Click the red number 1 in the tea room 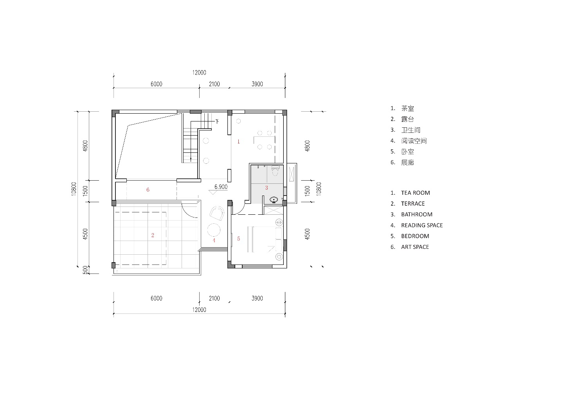[x=238, y=141]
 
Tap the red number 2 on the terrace [x=153, y=235]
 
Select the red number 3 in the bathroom [x=267, y=188]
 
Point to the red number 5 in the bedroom [x=238, y=239]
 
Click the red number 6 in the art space [x=148, y=190]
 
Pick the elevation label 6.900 [x=221, y=187]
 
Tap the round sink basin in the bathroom [x=274, y=200]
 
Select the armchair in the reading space [x=217, y=213]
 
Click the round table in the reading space [x=214, y=230]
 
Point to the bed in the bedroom [x=265, y=239]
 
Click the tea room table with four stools [x=265, y=140]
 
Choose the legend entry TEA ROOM [x=415, y=193]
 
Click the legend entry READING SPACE [x=422, y=225]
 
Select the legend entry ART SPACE [x=415, y=247]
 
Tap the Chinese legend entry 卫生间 [x=411, y=130]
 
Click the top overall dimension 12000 [x=199, y=72]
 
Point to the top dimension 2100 [x=214, y=84]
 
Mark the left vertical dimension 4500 [x=85, y=234]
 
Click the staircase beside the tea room [x=191, y=142]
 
